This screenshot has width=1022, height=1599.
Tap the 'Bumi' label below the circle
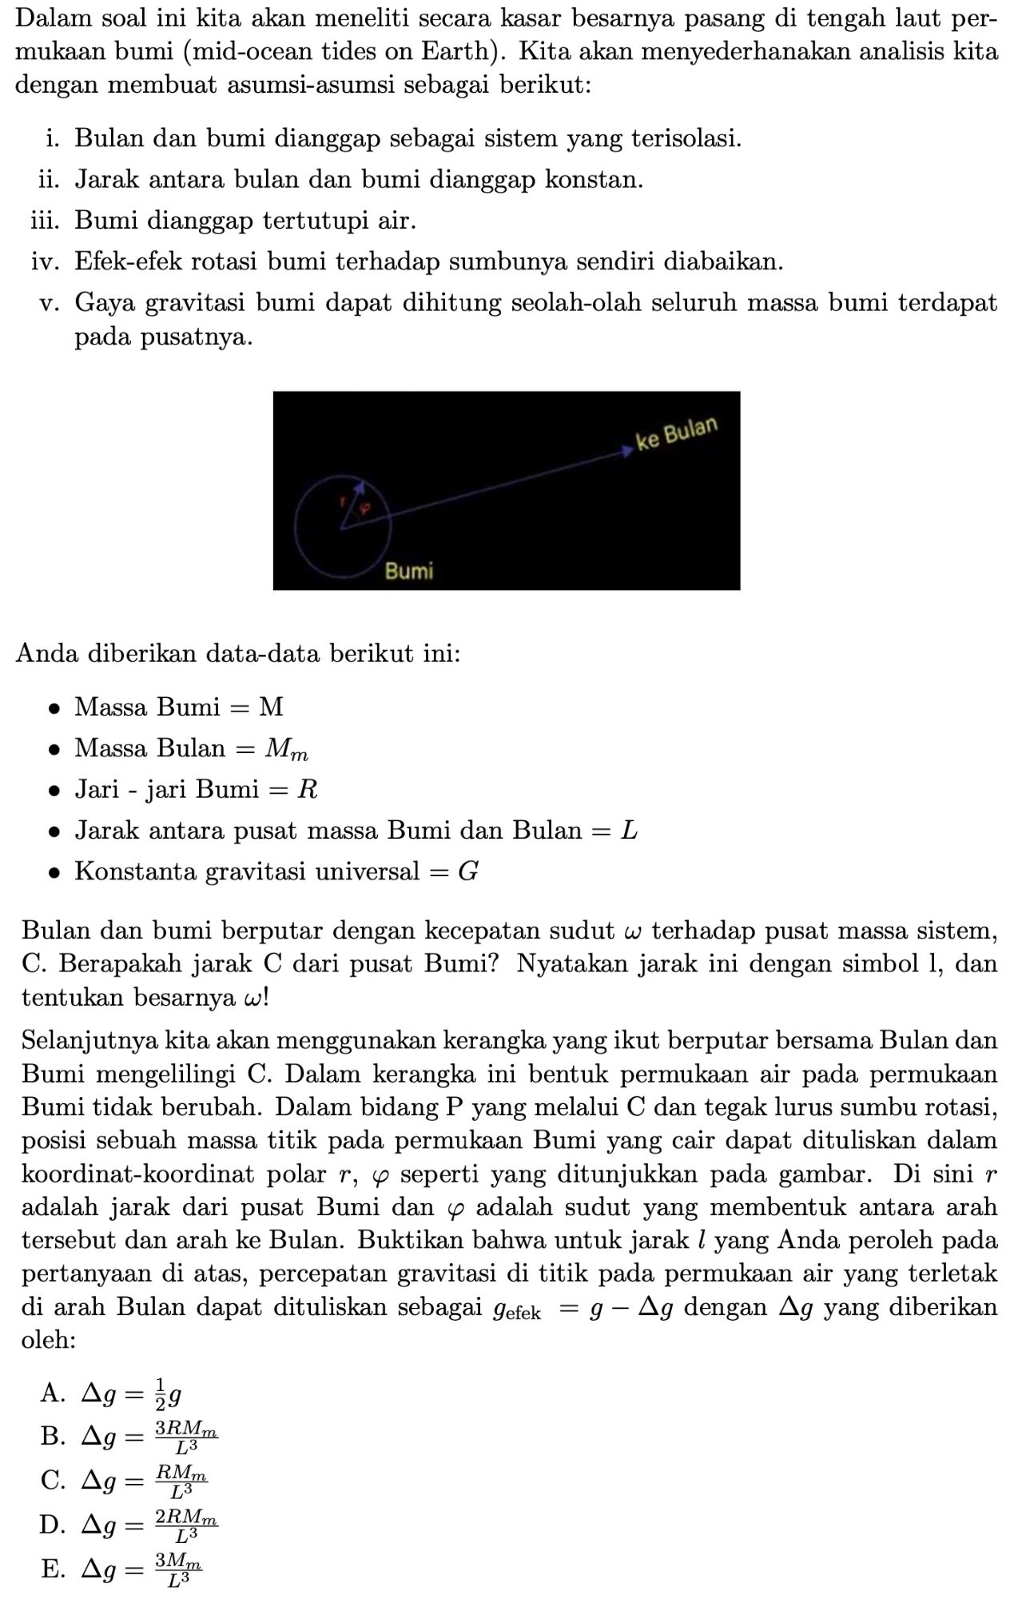409,571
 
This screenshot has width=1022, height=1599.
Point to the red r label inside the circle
343,502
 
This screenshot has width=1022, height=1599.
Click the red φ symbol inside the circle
364,508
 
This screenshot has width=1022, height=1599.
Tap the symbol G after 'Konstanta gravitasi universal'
467,871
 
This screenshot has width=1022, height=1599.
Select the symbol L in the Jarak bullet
629,830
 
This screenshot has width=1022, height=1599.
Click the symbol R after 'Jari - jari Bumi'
307,790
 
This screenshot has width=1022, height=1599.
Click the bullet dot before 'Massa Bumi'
53,708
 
